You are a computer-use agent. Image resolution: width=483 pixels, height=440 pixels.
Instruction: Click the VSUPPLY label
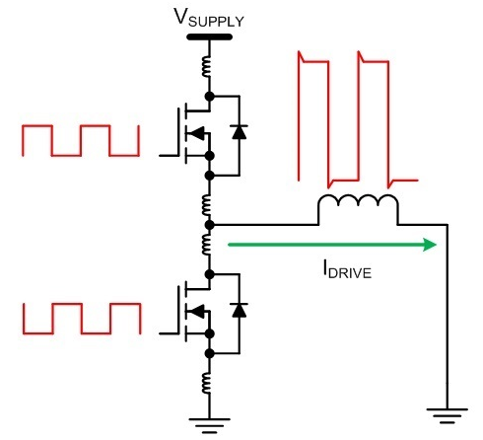pyautogui.click(x=209, y=18)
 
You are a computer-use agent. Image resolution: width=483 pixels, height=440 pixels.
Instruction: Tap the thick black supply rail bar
pyautogui.click(x=209, y=37)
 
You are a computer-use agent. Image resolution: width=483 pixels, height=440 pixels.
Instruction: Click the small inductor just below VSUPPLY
pyautogui.click(x=206, y=67)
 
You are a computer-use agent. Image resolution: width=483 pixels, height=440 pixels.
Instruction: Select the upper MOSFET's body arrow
pyautogui.click(x=197, y=133)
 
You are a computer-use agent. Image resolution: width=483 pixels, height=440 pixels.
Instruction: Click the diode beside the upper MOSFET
pyautogui.click(x=239, y=132)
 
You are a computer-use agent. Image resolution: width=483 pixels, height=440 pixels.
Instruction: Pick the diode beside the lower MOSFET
pyautogui.click(x=239, y=310)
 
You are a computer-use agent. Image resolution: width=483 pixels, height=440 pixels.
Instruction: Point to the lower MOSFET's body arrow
pyautogui.click(x=197, y=311)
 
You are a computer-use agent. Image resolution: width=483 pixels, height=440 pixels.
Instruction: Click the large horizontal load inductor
pyautogui.click(x=358, y=201)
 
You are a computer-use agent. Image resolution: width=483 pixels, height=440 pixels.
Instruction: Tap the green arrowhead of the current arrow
pyautogui.click(x=430, y=245)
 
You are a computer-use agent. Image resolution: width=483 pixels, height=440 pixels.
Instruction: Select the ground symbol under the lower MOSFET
pyautogui.click(x=209, y=425)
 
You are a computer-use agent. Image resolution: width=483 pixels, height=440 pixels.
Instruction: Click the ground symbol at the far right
pyautogui.click(x=447, y=415)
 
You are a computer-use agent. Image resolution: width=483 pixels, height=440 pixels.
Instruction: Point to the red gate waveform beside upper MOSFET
pyautogui.click(x=81, y=140)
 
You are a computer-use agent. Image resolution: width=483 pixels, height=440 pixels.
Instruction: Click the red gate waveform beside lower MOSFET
pyautogui.click(x=82, y=319)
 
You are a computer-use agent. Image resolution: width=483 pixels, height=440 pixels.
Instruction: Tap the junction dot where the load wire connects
pyautogui.click(x=209, y=225)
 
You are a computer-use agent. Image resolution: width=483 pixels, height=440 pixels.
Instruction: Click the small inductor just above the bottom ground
pyautogui.click(x=206, y=383)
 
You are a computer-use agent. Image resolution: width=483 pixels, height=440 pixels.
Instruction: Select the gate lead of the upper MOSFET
pyautogui.click(x=170, y=155)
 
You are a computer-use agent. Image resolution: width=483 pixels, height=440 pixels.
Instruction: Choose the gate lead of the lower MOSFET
pyautogui.click(x=170, y=333)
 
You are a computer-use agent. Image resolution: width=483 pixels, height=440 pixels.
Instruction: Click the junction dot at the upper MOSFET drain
pyautogui.click(x=209, y=97)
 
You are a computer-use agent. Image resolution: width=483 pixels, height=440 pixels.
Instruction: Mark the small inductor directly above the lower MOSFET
pyautogui.click(x=206, y=244)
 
